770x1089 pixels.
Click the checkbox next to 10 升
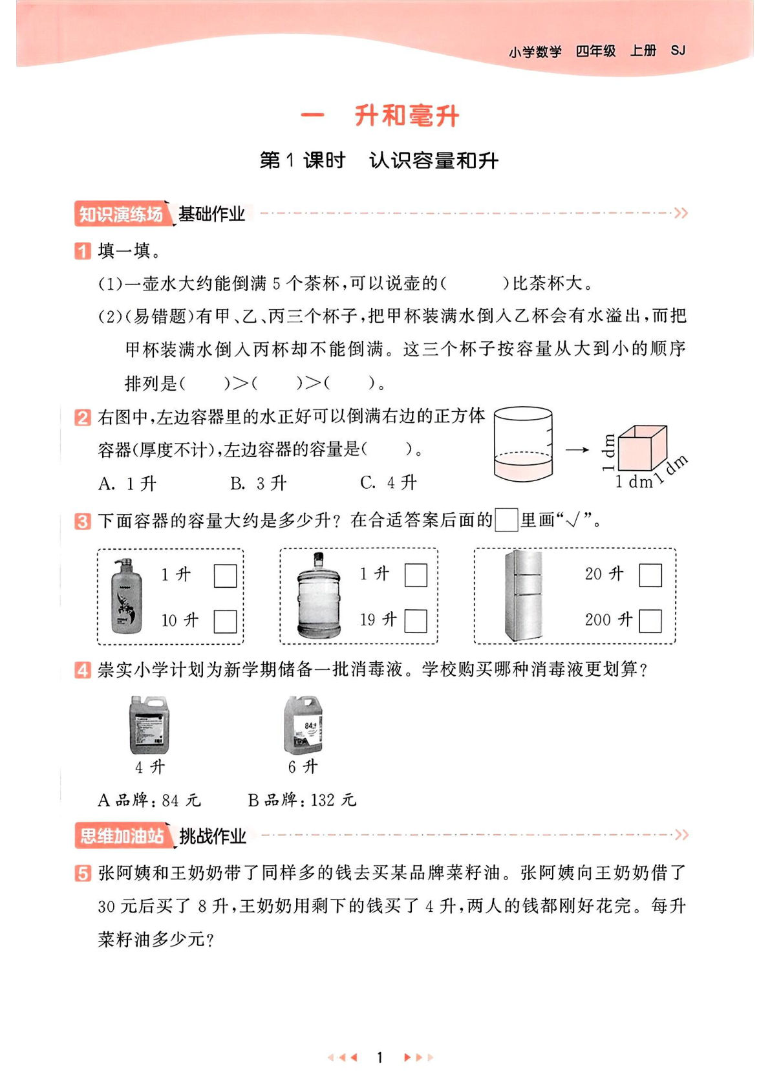point(225,621)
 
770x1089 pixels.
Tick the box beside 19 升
point(415,621)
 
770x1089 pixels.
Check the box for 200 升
point(650,621)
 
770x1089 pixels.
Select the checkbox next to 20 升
point(650,575)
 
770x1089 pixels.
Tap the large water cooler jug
point(319,596)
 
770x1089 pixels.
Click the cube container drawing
point(641,448)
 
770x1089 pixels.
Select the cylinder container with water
point(522,444)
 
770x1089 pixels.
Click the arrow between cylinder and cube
point(577,449)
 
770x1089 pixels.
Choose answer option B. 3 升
point(258,483)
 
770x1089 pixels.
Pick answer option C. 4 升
point(388,482)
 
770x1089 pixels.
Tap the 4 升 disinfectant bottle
point(149,726)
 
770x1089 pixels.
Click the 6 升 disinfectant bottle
point(303,726)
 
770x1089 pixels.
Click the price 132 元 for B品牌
point(333,801)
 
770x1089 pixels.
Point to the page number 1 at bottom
point(380,1057)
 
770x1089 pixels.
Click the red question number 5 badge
point(83,873)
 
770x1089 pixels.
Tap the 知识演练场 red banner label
point(121,214)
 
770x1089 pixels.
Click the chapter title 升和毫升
point(407,116)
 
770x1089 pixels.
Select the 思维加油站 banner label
point(122,836)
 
